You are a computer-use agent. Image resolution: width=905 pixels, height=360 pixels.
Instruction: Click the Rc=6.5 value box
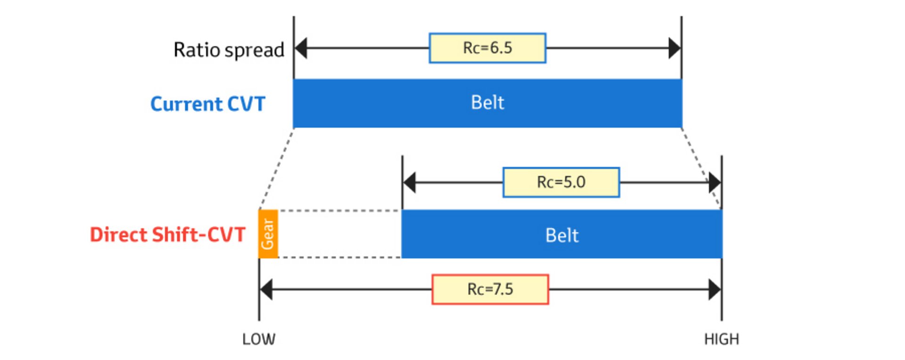click(487, 48)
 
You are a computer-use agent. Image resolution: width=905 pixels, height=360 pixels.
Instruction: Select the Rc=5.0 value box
click(561, 182)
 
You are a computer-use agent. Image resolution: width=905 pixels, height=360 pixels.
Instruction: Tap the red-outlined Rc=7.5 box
click(490, 289)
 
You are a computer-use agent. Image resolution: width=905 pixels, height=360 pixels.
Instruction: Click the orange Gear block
click(268, 234)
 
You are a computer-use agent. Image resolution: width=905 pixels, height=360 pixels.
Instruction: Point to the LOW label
click(259, 339)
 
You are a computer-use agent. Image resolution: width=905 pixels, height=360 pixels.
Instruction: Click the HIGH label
click(721, 339)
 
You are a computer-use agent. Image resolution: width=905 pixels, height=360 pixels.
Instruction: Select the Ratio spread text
click(229, 50)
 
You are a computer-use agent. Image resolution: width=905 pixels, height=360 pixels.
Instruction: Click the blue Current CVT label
click(208, 104)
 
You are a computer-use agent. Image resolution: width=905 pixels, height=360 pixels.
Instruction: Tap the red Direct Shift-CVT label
click(168, 235)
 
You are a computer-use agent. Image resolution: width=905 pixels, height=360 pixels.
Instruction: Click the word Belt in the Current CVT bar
click(487, 103)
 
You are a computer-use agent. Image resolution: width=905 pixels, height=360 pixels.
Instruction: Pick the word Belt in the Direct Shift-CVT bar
click(562, 235)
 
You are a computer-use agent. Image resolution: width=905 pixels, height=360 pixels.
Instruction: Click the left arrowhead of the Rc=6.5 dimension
click(301, 48)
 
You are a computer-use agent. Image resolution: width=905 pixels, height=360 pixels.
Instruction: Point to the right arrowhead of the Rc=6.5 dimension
click(675, 48)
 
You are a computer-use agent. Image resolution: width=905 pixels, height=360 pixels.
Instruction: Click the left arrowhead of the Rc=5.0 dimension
click(409, 182)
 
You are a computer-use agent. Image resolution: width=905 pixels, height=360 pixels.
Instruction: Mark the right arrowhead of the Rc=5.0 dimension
click(715, 182)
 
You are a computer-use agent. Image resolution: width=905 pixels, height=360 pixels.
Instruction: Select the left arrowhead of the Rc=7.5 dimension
click(266, 289)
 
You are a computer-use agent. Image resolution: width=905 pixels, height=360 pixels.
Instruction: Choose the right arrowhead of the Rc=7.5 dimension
click(715, 289)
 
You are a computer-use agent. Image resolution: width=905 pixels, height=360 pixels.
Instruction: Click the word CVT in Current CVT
click(246, 104)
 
